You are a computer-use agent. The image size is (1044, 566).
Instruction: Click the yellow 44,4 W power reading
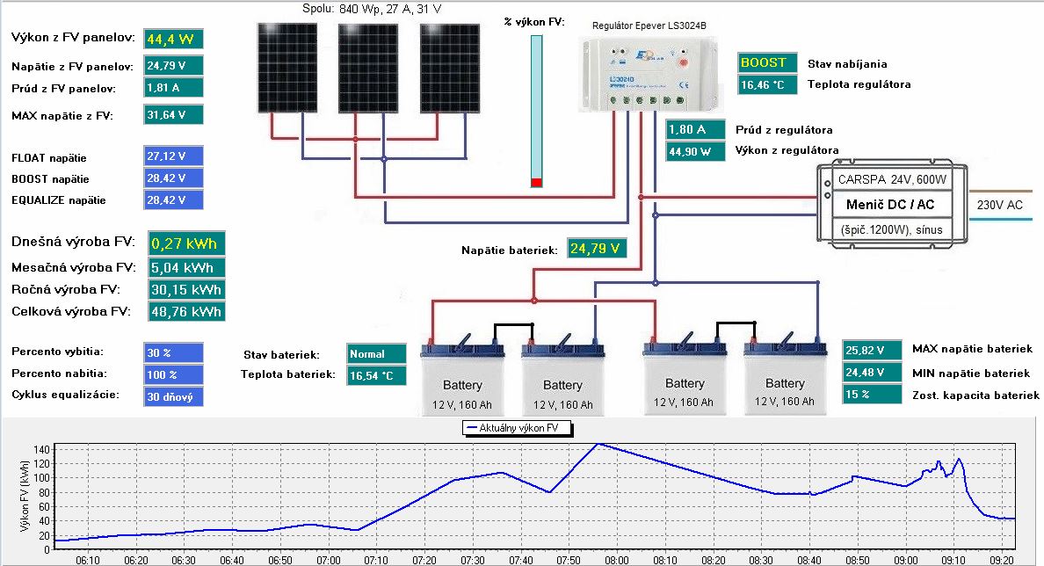[x=173, y=39]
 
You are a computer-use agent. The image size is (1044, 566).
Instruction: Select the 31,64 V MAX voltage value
[x=173, y=114]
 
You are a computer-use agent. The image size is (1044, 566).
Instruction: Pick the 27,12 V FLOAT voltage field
[x=173, y=157]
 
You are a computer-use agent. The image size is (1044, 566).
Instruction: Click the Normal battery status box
[x=377, y=354]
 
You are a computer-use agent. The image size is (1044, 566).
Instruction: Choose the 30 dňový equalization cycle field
[x=173, y=396]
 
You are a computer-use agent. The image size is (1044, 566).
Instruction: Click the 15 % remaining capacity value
[x=873, y=395]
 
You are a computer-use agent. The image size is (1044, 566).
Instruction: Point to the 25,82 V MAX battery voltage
[x=873, y=350]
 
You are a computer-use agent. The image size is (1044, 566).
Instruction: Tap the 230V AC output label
[x=999, y=205]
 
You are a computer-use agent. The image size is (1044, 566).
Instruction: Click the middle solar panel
[x=368, y=68]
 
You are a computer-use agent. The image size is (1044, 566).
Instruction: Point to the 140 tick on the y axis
[x=41, y=449]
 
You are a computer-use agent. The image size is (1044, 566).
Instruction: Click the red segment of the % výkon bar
[x=536, y=182]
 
